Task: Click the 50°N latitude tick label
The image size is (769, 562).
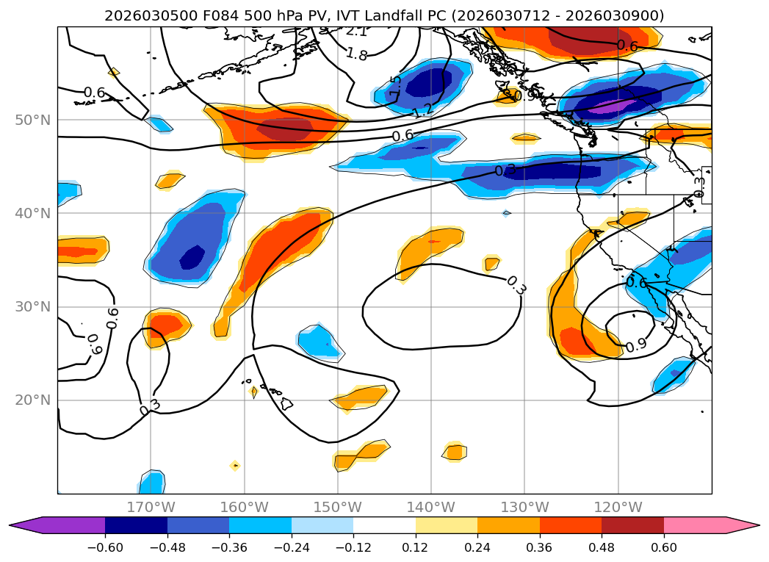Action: (x=32, y=120)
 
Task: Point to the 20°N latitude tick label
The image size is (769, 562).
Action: (x=32, y=400)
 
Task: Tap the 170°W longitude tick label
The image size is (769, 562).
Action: (x=151, y=507)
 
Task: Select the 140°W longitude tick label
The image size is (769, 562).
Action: (x=431, y=507)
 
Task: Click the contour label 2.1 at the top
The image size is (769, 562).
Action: (x=356, y=32)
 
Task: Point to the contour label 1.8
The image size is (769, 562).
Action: (x=356, y=54)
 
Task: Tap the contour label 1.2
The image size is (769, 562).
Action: (x=422, y=111)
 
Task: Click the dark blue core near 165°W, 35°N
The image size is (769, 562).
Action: (x=192, y=257)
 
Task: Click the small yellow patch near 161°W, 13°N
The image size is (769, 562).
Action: (x=235, y=465)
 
